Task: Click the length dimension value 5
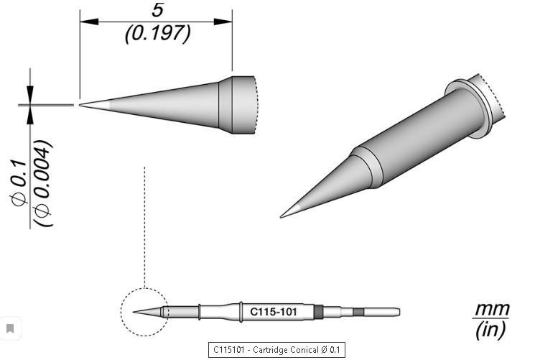pyautogui.click(x=157, y=10)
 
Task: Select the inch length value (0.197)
pyautogui.click(x=157, y=32)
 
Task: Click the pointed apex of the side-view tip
pyautogui.click(x=81, y=105)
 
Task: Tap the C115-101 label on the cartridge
pyautogui.click(x=272, y=312)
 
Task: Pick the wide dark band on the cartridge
pyautogui.click(x=319, y=312)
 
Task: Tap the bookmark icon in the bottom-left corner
pyautogui.click(x=10, y=329)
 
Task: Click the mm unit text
pyautogui.click(x=491, y=310)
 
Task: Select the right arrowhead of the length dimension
pyautogui.click(x=228, y=21)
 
